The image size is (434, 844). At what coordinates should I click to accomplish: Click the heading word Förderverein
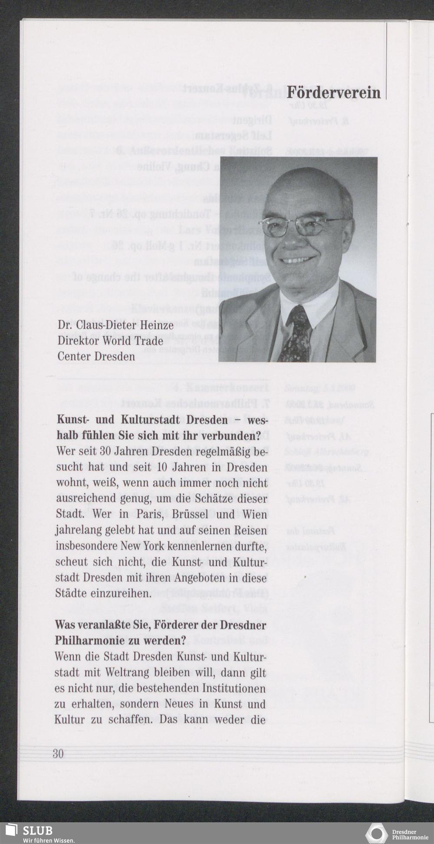333,92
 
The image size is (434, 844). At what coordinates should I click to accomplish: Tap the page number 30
58,753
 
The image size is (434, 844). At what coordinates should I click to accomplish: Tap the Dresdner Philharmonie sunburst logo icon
376,834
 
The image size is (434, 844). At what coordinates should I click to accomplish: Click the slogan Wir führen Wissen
49,840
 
